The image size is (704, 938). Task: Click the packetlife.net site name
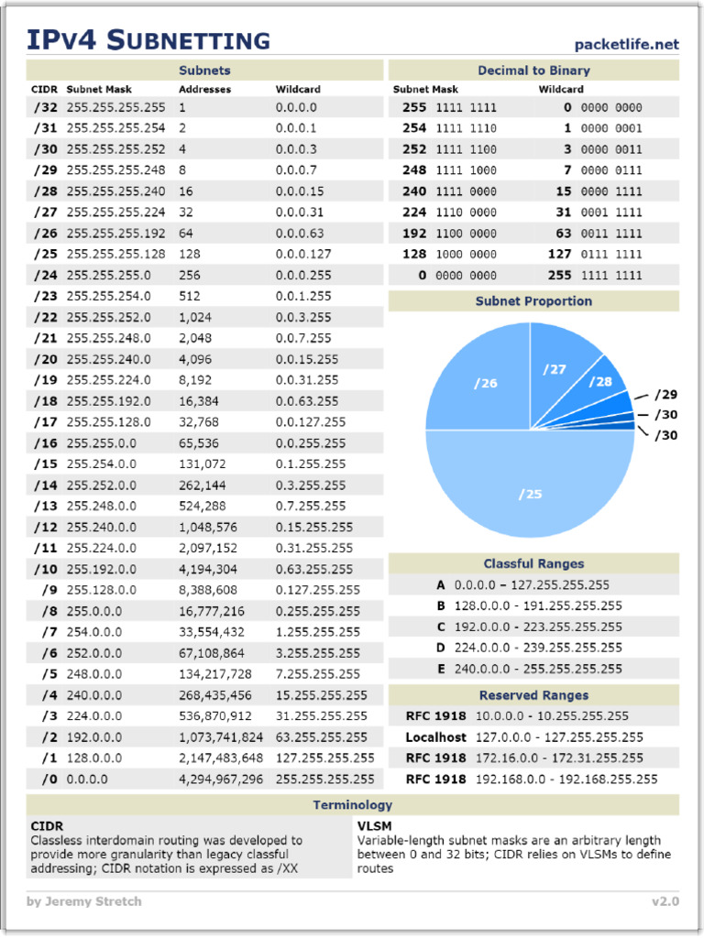click(626, 44)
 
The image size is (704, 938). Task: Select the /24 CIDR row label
click(45, 275)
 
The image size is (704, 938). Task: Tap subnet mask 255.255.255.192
click(115, 233)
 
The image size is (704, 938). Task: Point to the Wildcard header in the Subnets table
click(298, 90)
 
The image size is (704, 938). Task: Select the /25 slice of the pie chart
click(531, 494)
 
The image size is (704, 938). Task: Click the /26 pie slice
click(485, 383)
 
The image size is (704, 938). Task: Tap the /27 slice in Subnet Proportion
click(555, 369)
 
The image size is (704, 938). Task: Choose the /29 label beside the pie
click(666, 395)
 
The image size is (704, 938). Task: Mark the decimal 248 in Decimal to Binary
click(414, 170)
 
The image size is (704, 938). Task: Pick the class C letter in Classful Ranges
click(441, 627)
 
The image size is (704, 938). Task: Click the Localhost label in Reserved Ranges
click(435, 737)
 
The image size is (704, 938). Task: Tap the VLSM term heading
click(374, 825)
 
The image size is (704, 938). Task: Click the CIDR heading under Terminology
click(47, 825)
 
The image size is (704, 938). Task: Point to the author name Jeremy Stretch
click(94, 901)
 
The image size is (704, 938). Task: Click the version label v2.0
click(665, 901)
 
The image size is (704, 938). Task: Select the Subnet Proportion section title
click(533, 301)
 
